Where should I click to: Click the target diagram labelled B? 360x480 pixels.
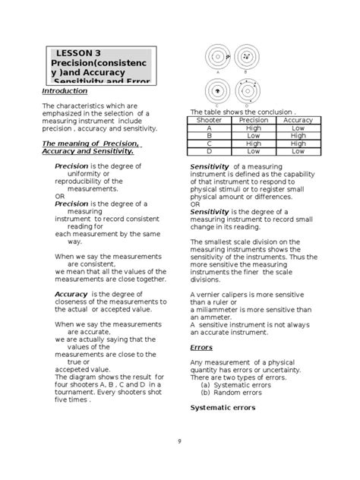pyautogui.click(x=247, y=58)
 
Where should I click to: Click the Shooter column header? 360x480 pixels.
pyautogui.click(x=209, y=120)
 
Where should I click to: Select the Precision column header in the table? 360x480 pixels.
pyautogui.click(x=253, y=120)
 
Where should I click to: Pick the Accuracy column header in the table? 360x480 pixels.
pyautogui.click(x=298, y=120)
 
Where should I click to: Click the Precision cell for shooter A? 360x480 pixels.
pyautogui.click(x=253, y=128)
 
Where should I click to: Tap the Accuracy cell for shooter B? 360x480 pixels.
pyautogui.click(x=298, y=135)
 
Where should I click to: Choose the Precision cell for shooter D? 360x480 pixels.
pyautogui.click(x=253, y=150)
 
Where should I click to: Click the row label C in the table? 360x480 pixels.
pyautogui.click(x=209, y=143)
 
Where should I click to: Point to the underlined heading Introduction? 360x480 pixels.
pyautogui.click(x=65, y=90)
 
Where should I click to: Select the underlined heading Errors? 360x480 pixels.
pyautogui.click(x=201, y=347)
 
